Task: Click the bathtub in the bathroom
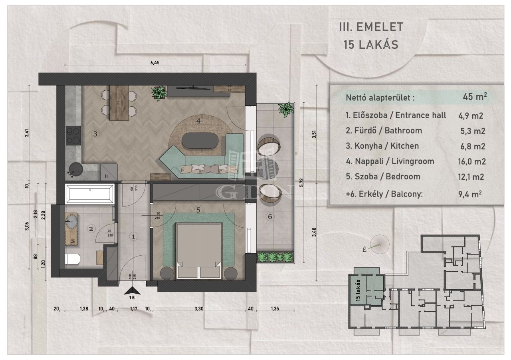click(x=90, y=194)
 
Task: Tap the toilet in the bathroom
click(x=73, y=259)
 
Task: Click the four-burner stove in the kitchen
click(x=73, y=135)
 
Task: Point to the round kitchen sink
click(x=76, y=169)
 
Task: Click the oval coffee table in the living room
click(x=200, y=141)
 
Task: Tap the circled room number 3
click(x=95, y=134)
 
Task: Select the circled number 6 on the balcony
click(x=270, y=217)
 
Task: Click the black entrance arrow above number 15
click(x=132, y=290)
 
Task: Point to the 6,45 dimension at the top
click(x=155, y=63)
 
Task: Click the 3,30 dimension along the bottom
click(x=199, y=308)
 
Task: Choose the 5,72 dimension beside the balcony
click(x=302, y=183)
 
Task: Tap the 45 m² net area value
click(x=475, y=97)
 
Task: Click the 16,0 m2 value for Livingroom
click(x=472, y=162)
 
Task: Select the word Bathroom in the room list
click(x=403, y=131)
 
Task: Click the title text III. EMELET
click(x=371, y=27)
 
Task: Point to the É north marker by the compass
click(x=364, y=249)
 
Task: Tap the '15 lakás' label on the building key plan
click(x=358, y=290)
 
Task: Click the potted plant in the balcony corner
click(x=285, y=109)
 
